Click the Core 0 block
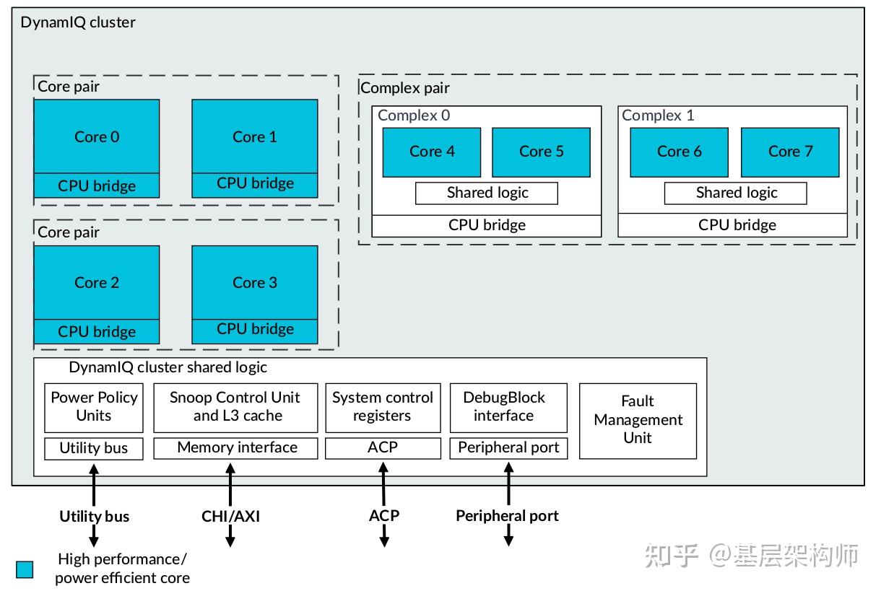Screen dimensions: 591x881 pos(96,136)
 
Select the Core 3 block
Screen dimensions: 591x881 pos(254,283)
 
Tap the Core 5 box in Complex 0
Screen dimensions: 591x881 pos(541,152)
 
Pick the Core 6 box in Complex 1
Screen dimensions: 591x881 pos(679,152)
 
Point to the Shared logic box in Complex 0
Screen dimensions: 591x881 pos(487,193)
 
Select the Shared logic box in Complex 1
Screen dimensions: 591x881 pos(735,193)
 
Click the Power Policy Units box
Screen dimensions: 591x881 pos(94,407)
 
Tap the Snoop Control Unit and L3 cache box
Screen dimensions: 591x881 pos(235,407)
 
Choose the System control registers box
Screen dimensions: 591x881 pos(383,407)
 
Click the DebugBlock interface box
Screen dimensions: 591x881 pos(503,407)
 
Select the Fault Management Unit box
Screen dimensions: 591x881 pos(638,420)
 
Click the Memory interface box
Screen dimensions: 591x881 pos(235,448)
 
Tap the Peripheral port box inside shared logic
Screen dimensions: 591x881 pos(508,448)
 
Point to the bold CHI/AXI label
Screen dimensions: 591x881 pos(230,516)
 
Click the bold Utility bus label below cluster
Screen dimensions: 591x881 pos(94,516)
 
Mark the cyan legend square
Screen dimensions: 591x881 pos(25,569)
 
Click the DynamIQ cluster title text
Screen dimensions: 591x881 pos(77,22)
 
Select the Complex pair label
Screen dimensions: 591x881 pos(404,88)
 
